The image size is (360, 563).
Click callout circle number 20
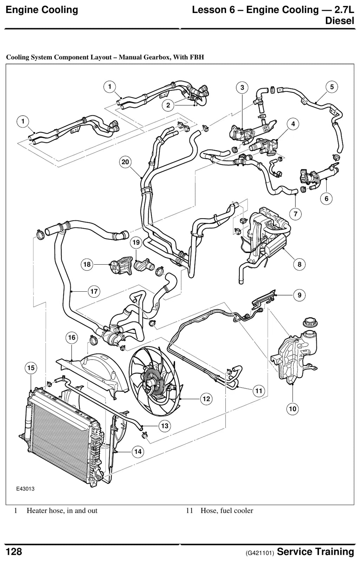point(125,162)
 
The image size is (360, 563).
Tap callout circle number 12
point(206,399)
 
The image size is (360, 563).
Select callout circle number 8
point(300,264)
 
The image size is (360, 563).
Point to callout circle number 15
point(31,368)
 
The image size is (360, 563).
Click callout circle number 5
point(332,87)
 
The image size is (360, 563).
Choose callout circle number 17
point(94,292)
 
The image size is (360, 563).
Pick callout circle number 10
point(292,409)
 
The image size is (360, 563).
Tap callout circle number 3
point(242,88)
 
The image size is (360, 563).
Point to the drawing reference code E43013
point(25,489)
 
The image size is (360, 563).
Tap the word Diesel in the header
point(340,21)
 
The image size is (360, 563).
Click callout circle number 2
point(168,105)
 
